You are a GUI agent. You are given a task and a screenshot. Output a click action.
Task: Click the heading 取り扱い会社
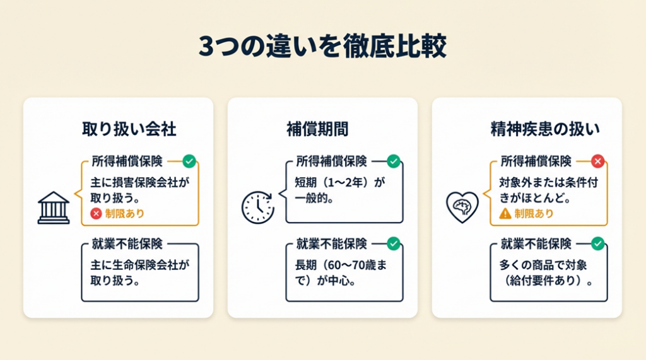[x=129, y=129]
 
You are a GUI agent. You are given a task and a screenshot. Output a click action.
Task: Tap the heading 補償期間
[x=322, y=129]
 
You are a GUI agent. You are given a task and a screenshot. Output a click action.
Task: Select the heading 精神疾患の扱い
[x=545, y=129]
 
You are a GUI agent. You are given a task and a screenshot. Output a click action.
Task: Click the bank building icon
[x=54, y=207]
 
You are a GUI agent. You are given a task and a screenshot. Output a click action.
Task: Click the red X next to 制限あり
[x=97, y=214]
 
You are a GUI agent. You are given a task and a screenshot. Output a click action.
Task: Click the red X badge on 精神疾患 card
[x=597, y=161]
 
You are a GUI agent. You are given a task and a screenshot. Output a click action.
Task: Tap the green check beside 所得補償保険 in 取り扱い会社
[x=189, y=161]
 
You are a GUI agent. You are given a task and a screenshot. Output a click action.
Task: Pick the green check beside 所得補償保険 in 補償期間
[x=393, y=161]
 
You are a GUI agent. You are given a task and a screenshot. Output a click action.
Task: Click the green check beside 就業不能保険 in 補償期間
[x=393, y=243]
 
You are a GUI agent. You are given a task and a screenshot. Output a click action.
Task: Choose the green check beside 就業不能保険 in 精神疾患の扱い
[x=597, y=243]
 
